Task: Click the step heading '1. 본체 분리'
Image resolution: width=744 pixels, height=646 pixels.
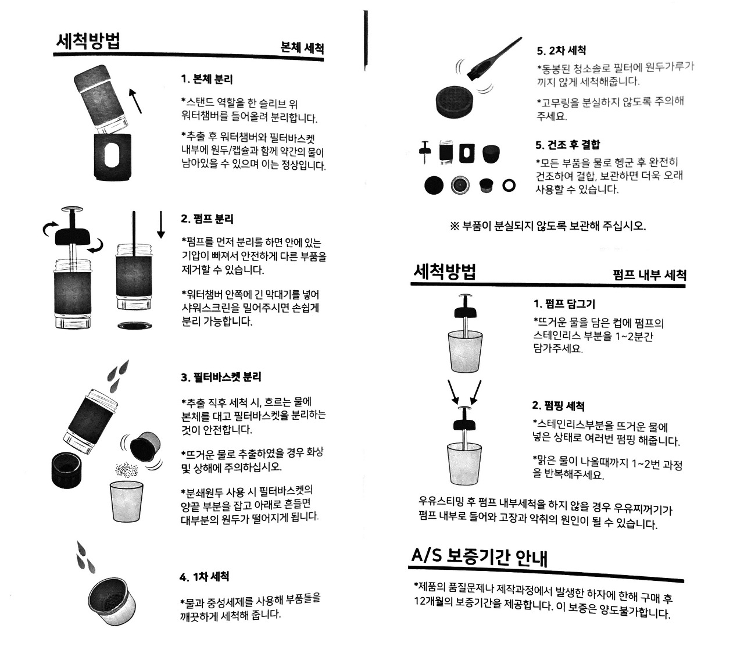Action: pyautogui.click(x=206, y=79)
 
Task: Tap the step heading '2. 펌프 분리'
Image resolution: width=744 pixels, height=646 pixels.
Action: pyautogui.click(x=207, y=219)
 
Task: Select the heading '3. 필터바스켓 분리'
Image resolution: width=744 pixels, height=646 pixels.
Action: pyautogui.click(x=221, y=377)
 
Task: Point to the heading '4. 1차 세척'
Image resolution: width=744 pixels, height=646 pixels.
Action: pyautogui.click(x=204, y=577)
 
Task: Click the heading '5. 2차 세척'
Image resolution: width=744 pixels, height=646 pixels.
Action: pyautogui.click(x=561, y=51)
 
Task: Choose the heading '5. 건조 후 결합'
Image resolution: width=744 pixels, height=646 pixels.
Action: pyautogui.click(x=567, y=145)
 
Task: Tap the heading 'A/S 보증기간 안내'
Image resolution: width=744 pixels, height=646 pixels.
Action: pyautogui.click(x=480, y=556)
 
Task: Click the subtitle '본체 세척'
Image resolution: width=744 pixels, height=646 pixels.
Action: pyautogui.click(x=302, y=48)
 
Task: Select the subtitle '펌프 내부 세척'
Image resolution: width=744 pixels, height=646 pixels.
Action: pyautogui.click(x=649, y=275)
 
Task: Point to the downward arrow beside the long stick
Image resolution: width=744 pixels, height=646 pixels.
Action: pyautogui.click(x=161, y=225)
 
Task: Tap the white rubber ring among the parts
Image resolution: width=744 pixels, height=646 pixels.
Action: pyautogui.click(x=509, y=185)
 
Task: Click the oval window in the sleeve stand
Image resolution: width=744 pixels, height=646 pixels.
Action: pyautogui.click(x=113, y=157)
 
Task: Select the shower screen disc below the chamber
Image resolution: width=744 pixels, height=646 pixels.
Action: pyautogui.click(x=134, y=326)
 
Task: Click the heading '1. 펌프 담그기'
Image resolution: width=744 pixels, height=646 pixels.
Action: pyautogui.click(x=564, y=304)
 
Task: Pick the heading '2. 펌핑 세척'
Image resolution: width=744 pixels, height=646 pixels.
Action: pyautogui.click(x=558, y=406)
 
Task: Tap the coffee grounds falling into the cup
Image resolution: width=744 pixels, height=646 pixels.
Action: pyautogui.click(x=127, y=470)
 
